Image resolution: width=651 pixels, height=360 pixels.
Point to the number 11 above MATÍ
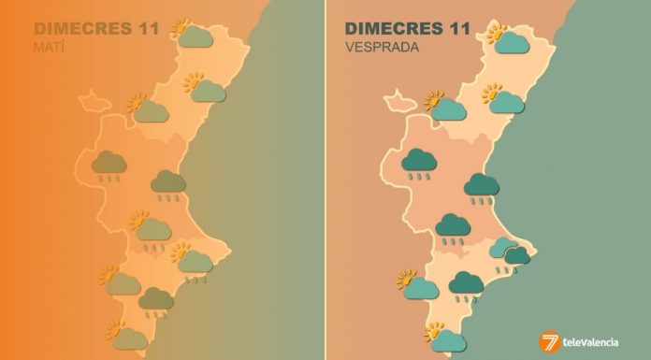146,27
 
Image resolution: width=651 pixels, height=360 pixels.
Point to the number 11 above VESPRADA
466,27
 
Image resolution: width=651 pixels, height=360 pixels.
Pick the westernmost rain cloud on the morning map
109,164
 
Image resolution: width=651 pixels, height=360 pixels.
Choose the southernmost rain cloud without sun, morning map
155,300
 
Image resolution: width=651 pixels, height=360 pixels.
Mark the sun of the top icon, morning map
181,28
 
